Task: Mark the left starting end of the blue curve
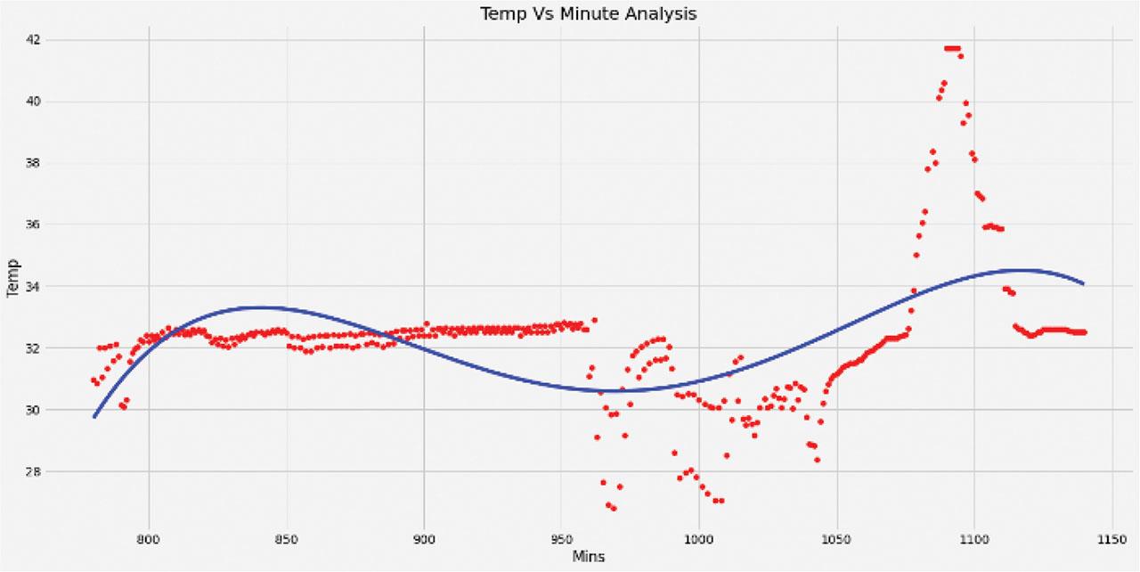click(x=94, y=416)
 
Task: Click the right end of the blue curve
click(x=1083, y=283)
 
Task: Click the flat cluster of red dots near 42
click(x=952, y=48)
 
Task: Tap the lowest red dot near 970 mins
click(x=613, y=508)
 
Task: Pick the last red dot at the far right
click(x=1084, y=331)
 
